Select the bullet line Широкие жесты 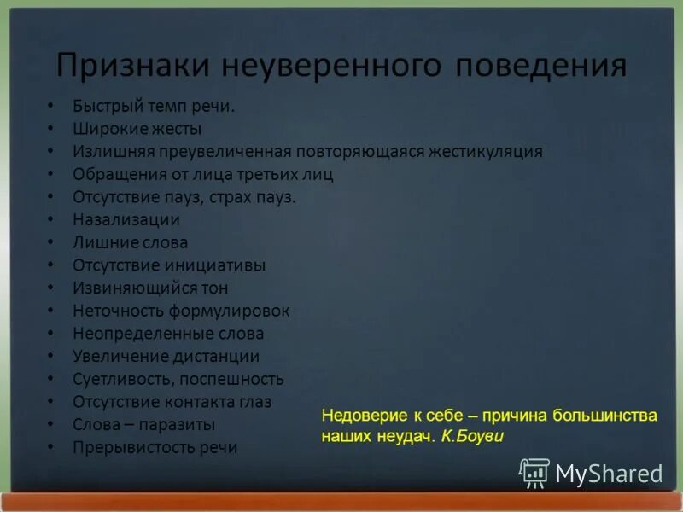pyautogui.click(x=137, y=129)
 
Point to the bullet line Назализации pyautogui.click(x=126, y=220)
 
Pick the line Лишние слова pyautogui.click(x=130, y=243)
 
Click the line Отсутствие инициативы pyautogui.click(x=169, y=265)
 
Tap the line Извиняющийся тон pyautogui.click(x=150, y=288)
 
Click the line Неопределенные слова pyautogui.click(x=168, y=334)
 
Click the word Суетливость pyautogui.click(x=120, y=379)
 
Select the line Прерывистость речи pyautogui.click(x=155, y=447)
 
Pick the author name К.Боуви pyautogui.click(x=473, y=436)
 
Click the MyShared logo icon pyautogui.click(x=534, y=472)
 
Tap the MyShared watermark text pyautogui.click(x=609, y=473)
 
